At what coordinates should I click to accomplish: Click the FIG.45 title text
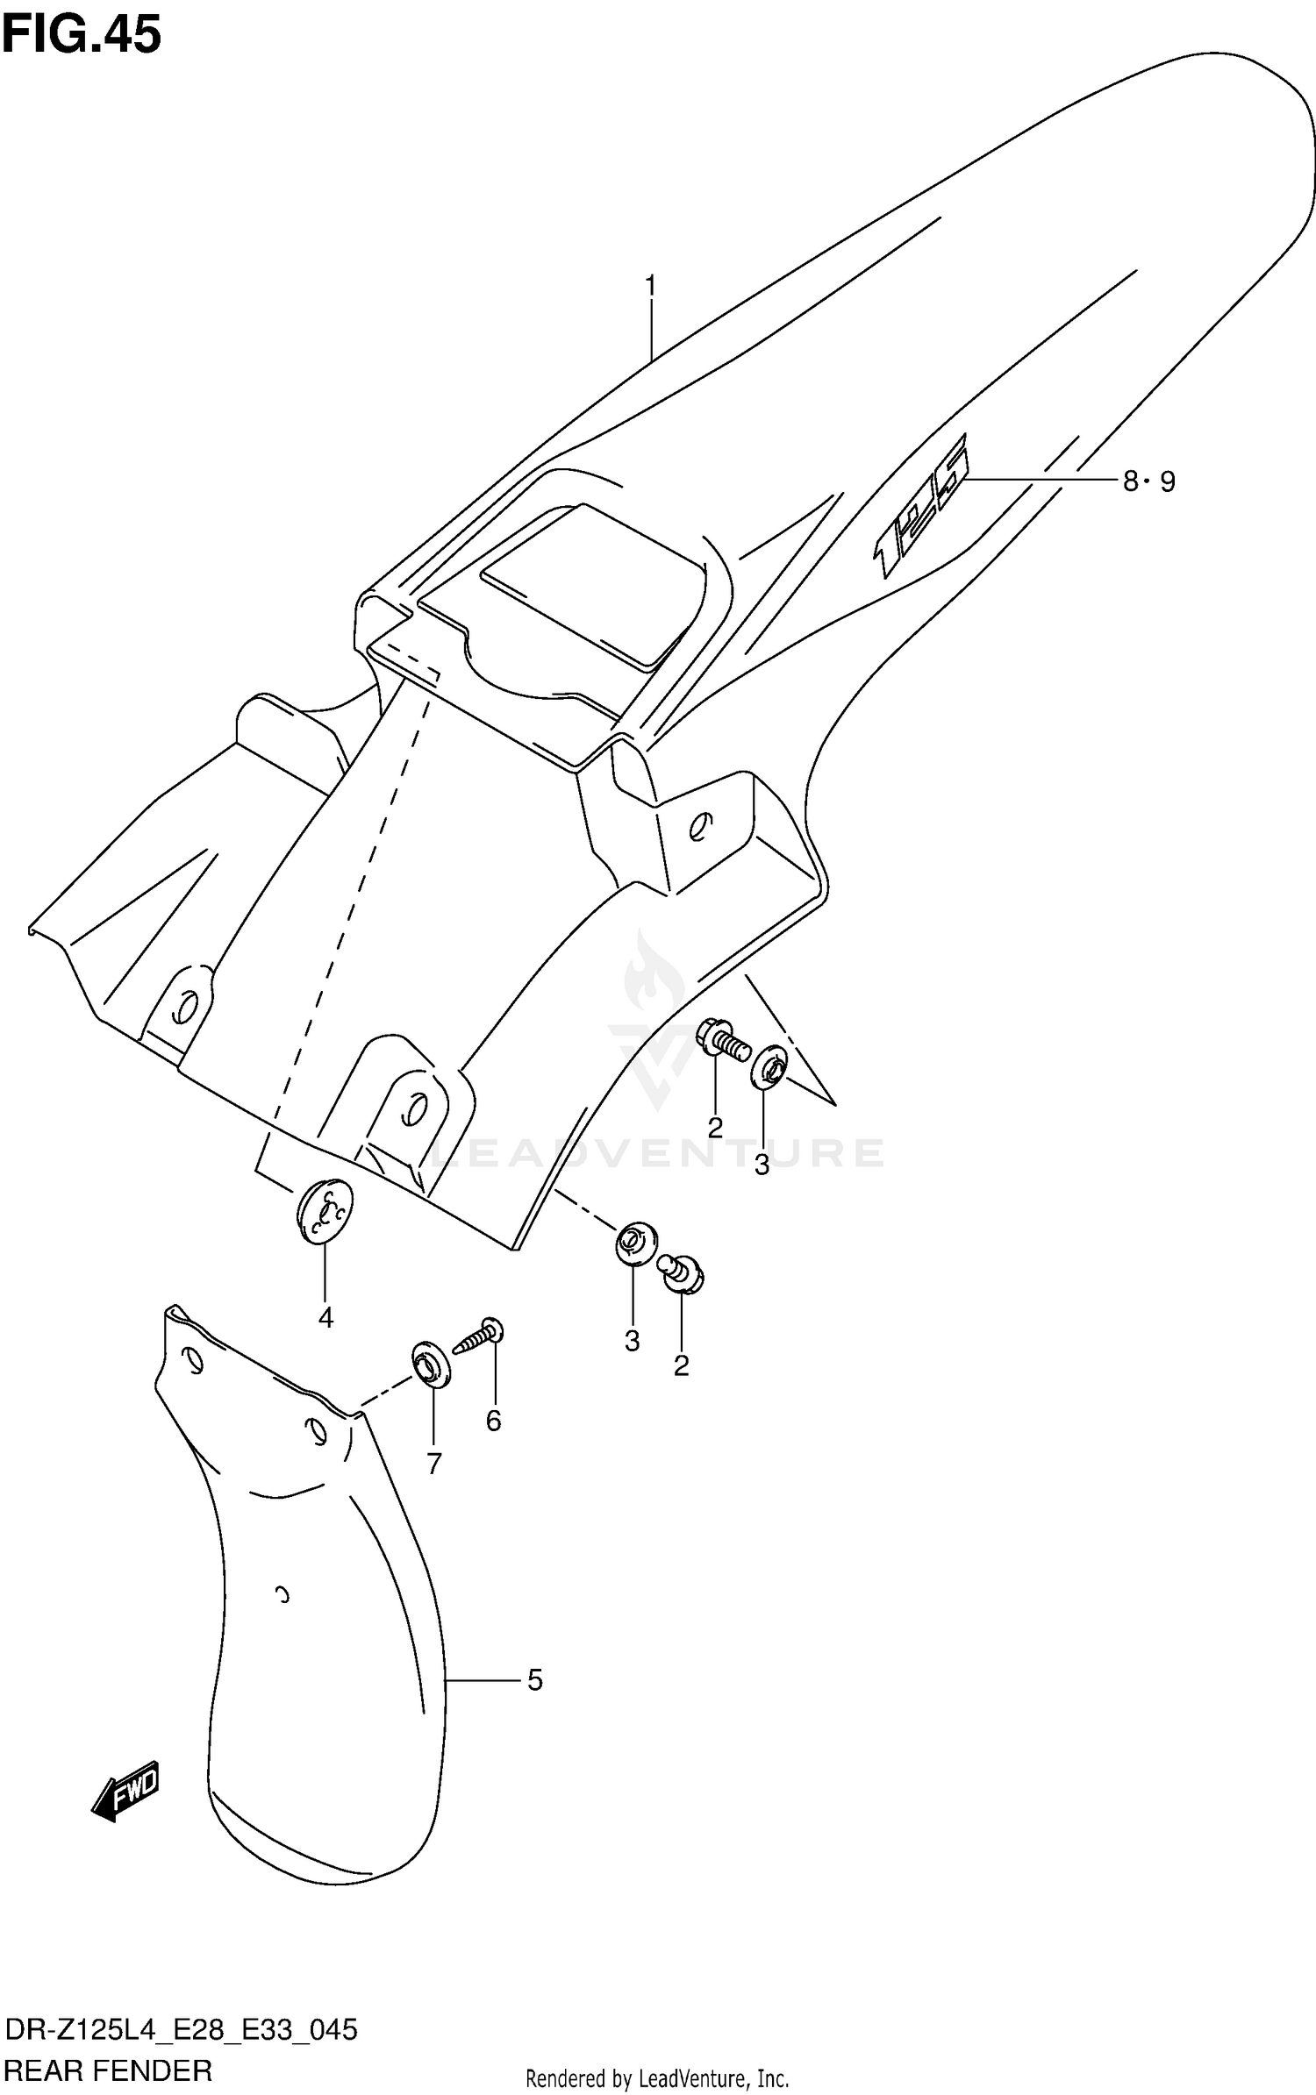pos(82,36)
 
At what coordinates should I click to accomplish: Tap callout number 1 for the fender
pos(650,287)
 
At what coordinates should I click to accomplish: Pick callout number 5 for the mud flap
pos(534,1681)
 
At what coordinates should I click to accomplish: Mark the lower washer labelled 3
pos(633,1243)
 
